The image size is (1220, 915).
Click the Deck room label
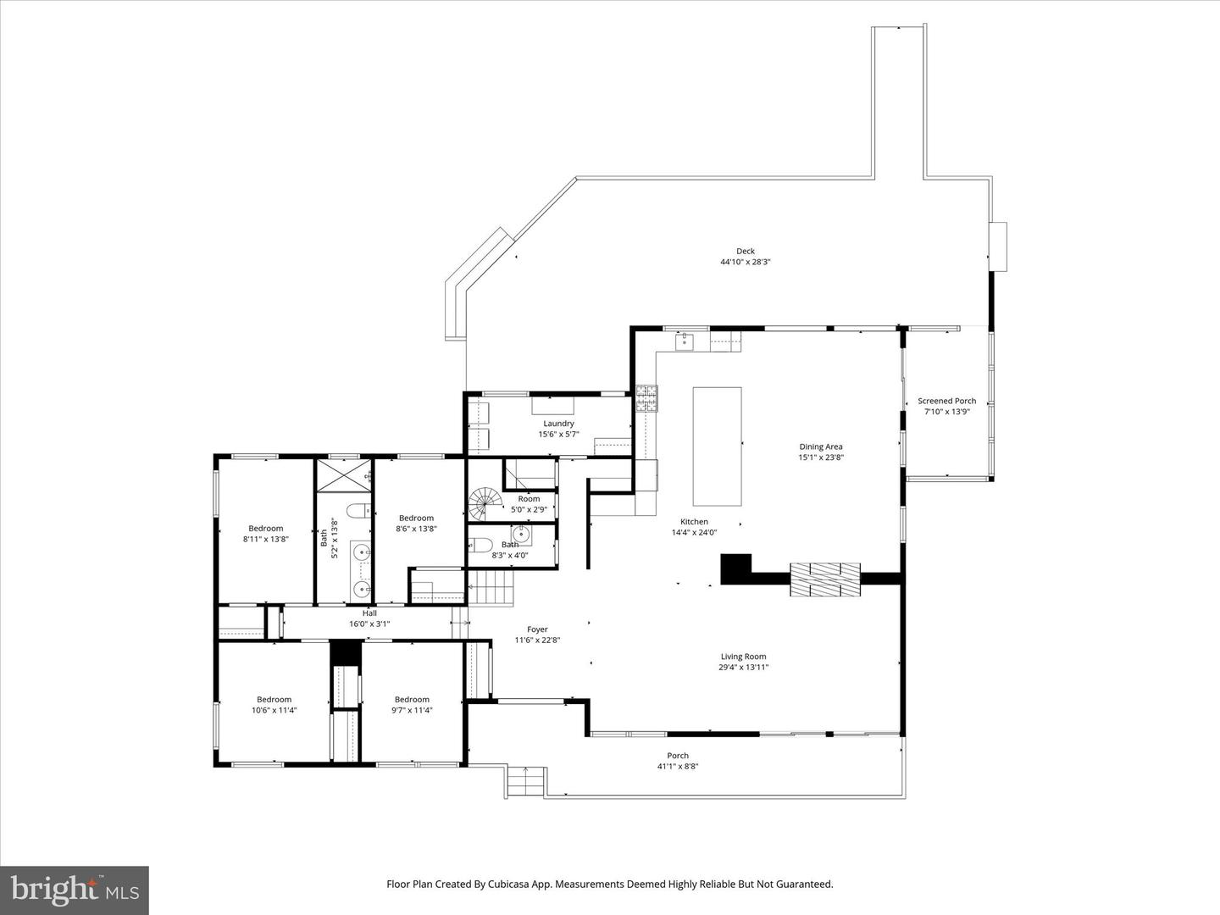coord(745,251)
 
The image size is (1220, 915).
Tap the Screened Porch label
coord(946,401)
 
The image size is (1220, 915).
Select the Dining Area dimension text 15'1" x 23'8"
coord(821,457)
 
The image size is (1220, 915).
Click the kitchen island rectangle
coord(717,446)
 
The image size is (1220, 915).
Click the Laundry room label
coord(558,424)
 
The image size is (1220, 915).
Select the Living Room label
coord(743,657)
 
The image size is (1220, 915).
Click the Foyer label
coord(537,629)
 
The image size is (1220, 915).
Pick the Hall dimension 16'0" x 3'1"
coord(369,624)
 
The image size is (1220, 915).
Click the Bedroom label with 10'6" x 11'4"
coord(274,700)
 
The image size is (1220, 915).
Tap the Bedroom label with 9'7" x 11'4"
coord(412,700)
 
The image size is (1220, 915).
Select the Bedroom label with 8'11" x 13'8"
coord(265,529)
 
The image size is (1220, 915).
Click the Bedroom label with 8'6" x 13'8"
coord(416,518)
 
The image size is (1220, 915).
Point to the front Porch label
coord(678,756)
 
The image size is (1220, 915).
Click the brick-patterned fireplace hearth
coord(825,579)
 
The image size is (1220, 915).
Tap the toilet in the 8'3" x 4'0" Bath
coord(480,545)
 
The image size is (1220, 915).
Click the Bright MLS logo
coord(75,890)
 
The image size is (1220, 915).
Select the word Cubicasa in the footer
coord(511,884)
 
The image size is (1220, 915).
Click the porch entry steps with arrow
coord(525,780)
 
